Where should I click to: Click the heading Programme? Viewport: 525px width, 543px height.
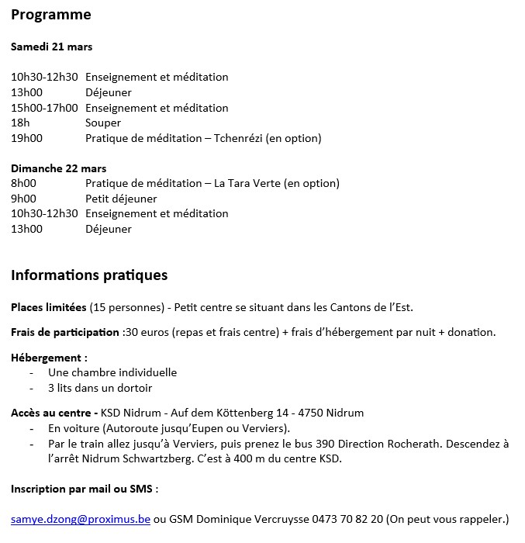coord(50,15)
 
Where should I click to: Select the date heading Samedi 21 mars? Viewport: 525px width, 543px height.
coord(51,47)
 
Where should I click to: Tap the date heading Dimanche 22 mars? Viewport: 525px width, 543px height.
coord(58,168)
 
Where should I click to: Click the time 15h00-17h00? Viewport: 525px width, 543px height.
coord(44,108)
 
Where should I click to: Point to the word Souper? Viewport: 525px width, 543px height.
coord(103,123)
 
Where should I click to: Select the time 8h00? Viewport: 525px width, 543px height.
coord(23,184)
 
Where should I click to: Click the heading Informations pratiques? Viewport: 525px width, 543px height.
coord(89,275)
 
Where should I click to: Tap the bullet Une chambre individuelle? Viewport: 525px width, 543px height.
coord(112,372)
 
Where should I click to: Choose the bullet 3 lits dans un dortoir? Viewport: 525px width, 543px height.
coord(100,388)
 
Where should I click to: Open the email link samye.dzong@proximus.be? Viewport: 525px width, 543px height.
coord(81,518)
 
